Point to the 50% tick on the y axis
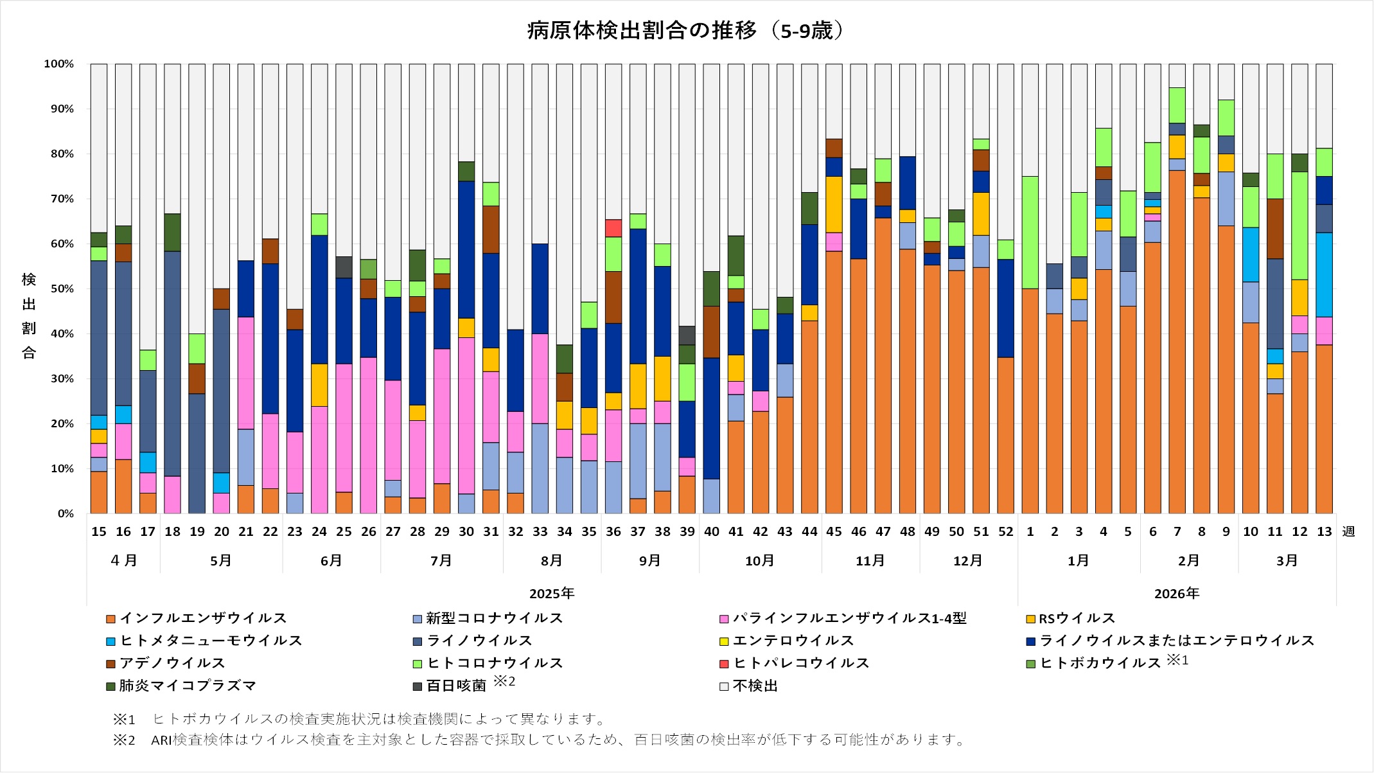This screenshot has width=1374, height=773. pyautogui.click(x=59, y=289)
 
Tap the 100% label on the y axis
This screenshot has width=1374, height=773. pyautogui.click(x=59, y=64)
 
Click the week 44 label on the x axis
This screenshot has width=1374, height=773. pyautogui.click(x=809, y=531)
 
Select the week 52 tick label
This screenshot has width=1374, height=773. pyautogui.click(x=1005, y=531)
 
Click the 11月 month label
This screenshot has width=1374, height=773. pyautogui.click(x=870, y=560)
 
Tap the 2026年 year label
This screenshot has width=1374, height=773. pyautogui.click(x=1176, y=593)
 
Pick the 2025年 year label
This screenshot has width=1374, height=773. pyautogui.click(x=552, y=593)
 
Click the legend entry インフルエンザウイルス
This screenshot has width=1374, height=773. pyautogui.click(x=202, y=618)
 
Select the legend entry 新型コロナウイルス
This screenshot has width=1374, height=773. pyautogui.click(x=494, y=618)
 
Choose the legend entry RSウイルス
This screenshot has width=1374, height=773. pyautogui.click(x=1077, y=618)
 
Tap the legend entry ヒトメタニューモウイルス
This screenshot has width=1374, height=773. pyautogui.click(x=211, y=641)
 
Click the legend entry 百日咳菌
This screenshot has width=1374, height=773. pyautogui.click(x=456, y=686)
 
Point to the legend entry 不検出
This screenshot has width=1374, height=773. pyautogui.click(x=755, y=686)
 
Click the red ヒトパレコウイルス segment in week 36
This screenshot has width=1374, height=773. pyautogui.click(x=613, y=228)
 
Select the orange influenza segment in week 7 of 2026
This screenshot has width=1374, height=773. pyautogui.click(x=1177, y=341)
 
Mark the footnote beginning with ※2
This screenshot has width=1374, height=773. pyautogui.click(x=540, y=740)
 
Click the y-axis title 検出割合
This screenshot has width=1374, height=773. pyautogui.click(x=29, y=315)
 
